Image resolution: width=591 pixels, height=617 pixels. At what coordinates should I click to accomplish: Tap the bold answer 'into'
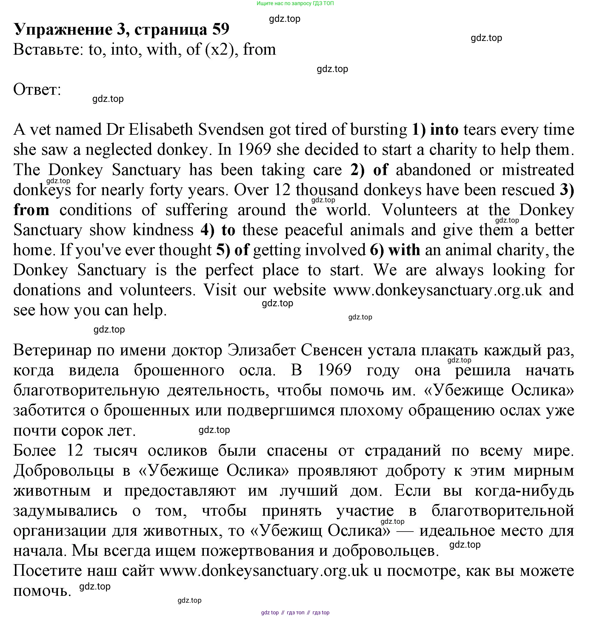click(444, 130)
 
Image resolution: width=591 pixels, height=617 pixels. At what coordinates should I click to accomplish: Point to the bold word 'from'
click(31, 210)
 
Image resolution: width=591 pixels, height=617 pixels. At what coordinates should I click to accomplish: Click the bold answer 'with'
click(404, 250)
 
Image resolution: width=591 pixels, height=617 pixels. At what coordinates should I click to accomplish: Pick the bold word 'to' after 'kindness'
click(228, 230)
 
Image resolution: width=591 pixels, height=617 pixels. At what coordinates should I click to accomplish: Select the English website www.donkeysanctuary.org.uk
click(438, 290)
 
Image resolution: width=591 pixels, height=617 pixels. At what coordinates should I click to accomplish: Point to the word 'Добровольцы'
click(64, 471)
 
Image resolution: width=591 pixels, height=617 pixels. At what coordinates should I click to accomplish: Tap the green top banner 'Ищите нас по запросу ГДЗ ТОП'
click(295, 4)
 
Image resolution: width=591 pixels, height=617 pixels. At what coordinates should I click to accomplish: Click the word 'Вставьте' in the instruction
click(49, 49)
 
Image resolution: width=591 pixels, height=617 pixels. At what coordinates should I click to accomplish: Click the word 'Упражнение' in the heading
click(63, 29)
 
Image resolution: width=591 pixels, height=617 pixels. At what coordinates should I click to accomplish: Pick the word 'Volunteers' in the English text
click(419, 210)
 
